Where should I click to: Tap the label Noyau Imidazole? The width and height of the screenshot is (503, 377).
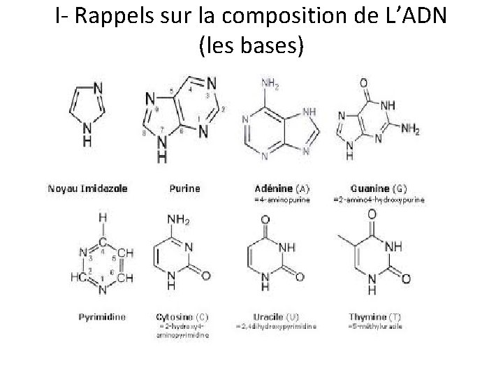click(88, 188)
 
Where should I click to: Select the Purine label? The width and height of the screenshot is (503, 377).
click(184, 188)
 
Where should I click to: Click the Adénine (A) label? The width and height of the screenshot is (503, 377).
click(282, 188)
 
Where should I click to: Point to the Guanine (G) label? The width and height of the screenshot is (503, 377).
click(379, 188)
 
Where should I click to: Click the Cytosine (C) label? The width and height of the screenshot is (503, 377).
click(182, 316)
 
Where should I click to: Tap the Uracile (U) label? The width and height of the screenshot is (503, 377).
click(277, 316)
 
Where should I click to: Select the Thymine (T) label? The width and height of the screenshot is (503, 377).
click(375, 316)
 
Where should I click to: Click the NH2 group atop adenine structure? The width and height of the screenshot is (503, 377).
click(270, 83)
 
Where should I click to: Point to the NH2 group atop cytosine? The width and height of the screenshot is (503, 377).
click(177, 221)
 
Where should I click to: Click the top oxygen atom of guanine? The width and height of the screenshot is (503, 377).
click(363, 83)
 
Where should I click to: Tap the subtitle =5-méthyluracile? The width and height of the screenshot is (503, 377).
click(375, 326)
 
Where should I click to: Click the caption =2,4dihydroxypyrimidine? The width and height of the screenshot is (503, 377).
click(277, 326)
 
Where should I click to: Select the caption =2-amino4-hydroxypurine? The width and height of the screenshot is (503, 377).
click(379, 200)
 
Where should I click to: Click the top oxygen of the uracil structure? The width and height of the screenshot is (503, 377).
click(265, 219)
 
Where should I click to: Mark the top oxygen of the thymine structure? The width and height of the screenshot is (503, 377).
click(371, 216)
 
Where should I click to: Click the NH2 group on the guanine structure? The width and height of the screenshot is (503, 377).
click(409, 129)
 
